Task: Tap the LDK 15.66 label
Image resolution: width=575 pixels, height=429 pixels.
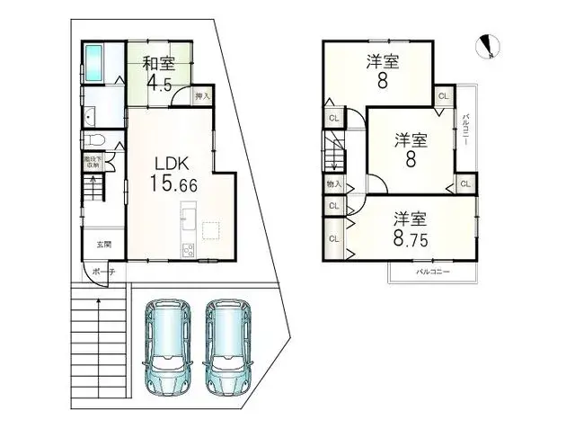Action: pos(167,174)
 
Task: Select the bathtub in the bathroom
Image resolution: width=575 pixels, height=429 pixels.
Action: pos(94,63)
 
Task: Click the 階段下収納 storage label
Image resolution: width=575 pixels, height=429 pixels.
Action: pos(93,163)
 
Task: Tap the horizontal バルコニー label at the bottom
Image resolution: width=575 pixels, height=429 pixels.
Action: pos(431,271)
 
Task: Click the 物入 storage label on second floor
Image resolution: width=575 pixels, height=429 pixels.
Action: pos(332,185)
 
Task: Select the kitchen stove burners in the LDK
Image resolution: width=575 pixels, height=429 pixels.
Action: pos(188,249)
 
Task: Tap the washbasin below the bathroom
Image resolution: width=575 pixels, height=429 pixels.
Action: pos(90,117)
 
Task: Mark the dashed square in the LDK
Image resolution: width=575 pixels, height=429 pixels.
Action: pos(211,231)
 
